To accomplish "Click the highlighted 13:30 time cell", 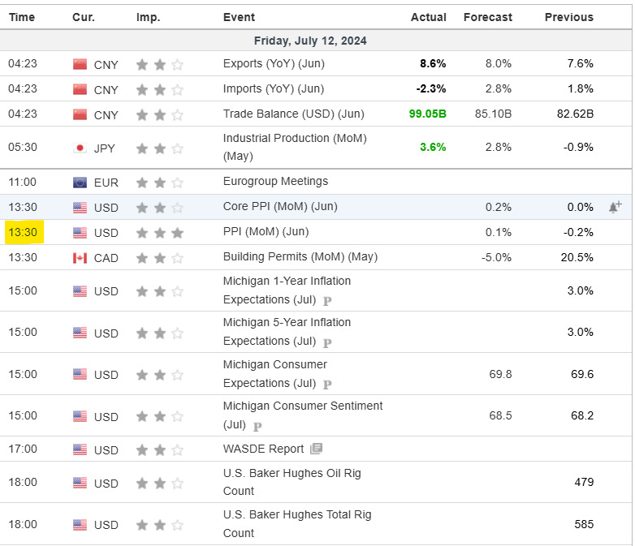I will pos(24,233).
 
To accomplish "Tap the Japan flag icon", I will pos(80,148).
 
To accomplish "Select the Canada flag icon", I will pos(80,258).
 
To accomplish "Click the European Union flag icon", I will pos(80,183).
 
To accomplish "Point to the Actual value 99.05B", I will pos(427,114).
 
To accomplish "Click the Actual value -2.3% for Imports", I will pos(430,88).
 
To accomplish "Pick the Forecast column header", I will pos(487,17).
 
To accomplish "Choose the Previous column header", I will pos(568,17).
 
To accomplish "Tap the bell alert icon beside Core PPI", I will pos(615,207).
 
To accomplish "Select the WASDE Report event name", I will pos(263,449).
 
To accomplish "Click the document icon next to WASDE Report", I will pos(316,449).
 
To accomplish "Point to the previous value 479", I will pos(583,482).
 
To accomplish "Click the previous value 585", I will pos(583,524).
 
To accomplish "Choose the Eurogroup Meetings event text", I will pos(275,182).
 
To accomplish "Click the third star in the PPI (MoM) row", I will pos(178,233).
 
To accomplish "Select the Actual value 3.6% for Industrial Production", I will pos(432,147).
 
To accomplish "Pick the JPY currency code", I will pos(106,148).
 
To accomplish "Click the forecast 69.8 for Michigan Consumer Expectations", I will pos(500,374).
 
